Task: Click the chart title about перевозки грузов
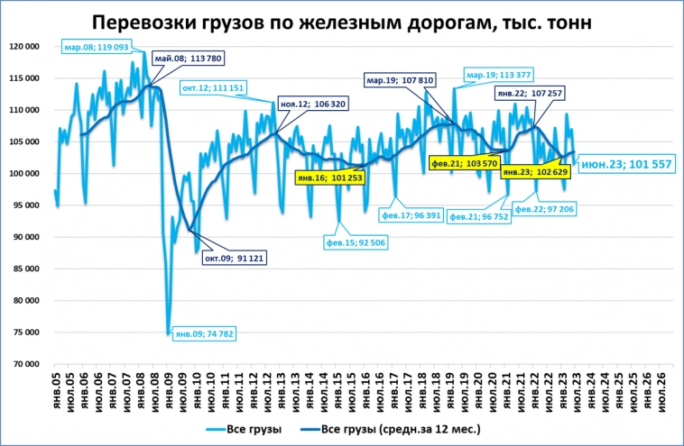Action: [342, 23]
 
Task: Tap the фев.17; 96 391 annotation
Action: [412, 216]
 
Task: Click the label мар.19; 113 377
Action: [499, 74]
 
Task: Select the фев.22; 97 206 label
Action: [545, 208]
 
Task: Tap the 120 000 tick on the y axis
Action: [31, 46]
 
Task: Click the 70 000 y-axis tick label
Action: [33, 364]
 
